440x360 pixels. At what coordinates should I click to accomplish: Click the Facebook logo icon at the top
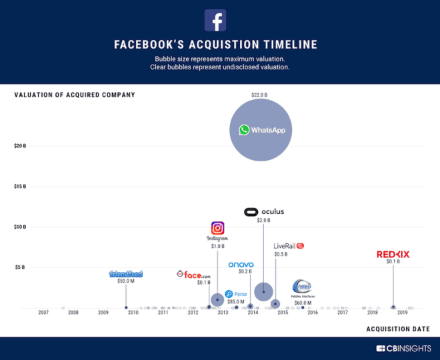[215, 21]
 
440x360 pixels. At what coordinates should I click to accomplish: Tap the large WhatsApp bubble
[261, 129]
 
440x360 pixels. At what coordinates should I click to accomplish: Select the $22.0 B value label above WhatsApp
[259, 95]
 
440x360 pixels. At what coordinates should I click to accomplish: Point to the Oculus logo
[264, 212]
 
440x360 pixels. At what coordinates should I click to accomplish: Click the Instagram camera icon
[217, 228]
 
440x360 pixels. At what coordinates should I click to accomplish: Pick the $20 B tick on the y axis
[20, 146]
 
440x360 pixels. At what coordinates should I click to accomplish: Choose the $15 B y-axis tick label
[20, 187]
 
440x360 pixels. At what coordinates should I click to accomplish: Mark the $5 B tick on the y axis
[20, 267]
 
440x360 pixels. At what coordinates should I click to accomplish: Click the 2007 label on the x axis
[43, 313]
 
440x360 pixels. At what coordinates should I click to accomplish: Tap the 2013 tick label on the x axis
[223, 313]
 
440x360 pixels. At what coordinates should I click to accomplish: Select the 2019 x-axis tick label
[402, 313]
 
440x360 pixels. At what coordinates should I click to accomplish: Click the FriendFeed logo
[126, 274]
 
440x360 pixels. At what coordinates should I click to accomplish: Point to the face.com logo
[193, 274]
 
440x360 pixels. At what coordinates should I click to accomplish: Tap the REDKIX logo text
[393, 254]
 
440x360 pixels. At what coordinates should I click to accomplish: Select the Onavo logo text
[241, 265]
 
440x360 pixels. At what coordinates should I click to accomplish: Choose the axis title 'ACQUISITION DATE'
[398, 329]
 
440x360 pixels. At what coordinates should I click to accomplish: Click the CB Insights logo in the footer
[403, 348]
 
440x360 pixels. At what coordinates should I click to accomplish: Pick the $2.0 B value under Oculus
[264, 221]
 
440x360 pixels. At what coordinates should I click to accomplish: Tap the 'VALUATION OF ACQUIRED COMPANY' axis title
[75, 95]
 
